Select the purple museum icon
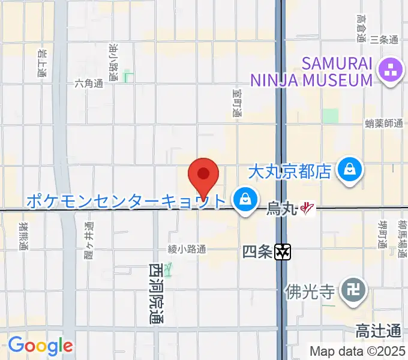click(391, 72)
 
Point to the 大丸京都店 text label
click(290, 172)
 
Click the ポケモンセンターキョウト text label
click(126, 200)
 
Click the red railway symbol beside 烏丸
click(308, 209)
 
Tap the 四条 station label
click(257, 252)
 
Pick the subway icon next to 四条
click(283, 253)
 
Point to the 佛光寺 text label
click(310, 292)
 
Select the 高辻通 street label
click(378, 331)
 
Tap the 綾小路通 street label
click(187, 248)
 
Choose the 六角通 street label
click(89, 83)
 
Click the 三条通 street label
click(384, 40)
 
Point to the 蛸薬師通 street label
click(383, 123)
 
